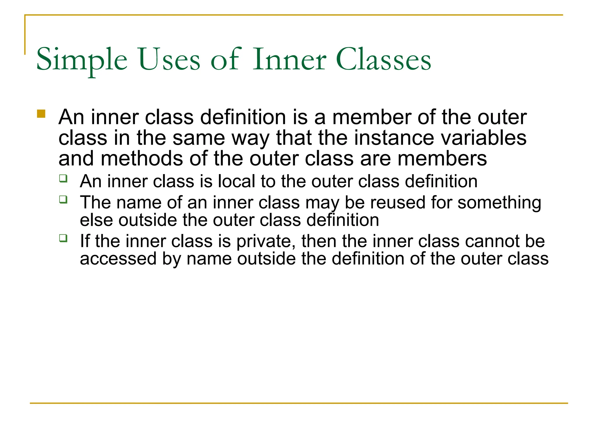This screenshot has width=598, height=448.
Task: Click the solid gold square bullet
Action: point(41,114)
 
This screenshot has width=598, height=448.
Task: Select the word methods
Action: point(142,159)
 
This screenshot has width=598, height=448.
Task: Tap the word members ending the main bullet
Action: point(442,159)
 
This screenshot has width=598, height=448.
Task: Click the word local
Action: point(237,181)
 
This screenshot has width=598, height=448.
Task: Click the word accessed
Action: point(118,259)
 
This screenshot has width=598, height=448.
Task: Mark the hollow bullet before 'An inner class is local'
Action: point(63,178)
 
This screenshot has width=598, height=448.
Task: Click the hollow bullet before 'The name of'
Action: point(63,199)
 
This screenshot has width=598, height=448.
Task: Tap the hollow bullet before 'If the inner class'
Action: point(63,238)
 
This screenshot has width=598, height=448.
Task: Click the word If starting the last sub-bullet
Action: point(85,241)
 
